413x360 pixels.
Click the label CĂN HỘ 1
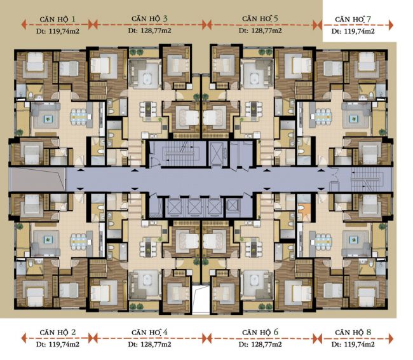point(57,19)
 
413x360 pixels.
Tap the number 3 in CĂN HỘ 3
point(165,18)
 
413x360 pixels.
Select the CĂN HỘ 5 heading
point(260,18)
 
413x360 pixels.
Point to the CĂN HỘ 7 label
point(353,19)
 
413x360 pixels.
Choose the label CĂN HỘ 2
point(57,332)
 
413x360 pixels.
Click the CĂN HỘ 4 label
point(149,332)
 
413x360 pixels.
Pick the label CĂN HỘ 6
point(260,332)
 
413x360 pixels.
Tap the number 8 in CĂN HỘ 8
point(369,332)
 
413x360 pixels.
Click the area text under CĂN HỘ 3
point(149,31)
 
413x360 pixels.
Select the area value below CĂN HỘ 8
point(353,344)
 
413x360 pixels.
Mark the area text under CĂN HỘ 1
point(58,31)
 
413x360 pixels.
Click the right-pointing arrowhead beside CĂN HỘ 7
point(391,25)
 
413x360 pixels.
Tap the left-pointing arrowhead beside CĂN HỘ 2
point(24,338)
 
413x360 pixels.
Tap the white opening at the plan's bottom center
point(201,300)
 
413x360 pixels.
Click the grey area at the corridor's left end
point(37,179)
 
